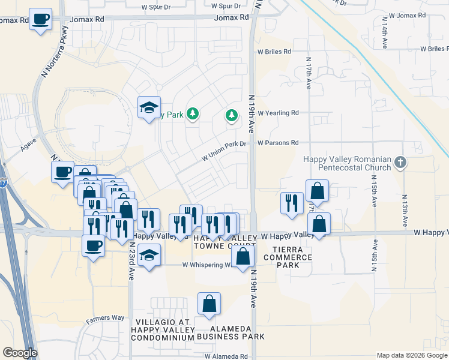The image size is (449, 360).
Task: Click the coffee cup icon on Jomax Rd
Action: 40,20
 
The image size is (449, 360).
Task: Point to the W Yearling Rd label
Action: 278,113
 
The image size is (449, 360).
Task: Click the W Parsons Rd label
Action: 278,143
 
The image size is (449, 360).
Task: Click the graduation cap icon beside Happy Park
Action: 149,108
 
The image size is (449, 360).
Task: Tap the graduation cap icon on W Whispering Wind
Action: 149,255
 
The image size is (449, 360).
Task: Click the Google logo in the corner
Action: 20,353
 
